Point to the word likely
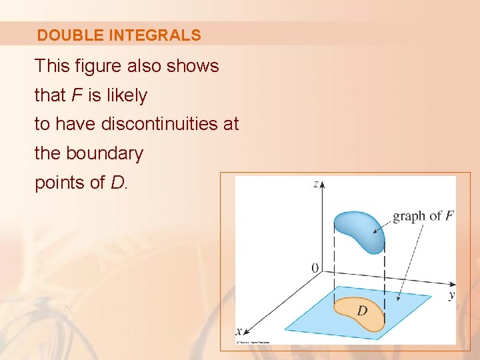coord(125,95)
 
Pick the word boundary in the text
coord(104,153)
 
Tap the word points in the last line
coord(59,183)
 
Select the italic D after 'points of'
coord(117,183)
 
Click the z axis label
coord(315,184)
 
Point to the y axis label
coord(451,294)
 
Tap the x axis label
coord(238,331)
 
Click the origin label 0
coord(315,268)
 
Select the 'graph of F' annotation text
coord(423,216)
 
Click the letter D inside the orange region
coord(362,311)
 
